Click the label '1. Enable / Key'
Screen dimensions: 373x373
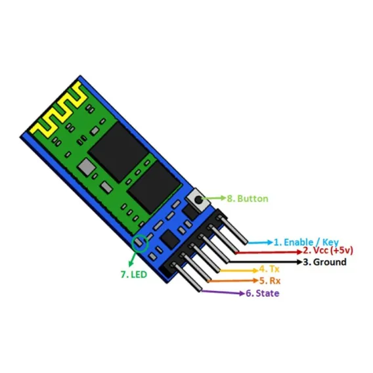(307, 242)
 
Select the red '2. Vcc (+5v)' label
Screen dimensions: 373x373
(328, 250)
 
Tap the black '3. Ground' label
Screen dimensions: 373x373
(324, 262)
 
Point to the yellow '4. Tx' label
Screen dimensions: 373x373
(269, 269)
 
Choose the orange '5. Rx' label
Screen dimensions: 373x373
(270, 280)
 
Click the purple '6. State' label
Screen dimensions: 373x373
(263, 294)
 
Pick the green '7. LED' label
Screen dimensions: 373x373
(134, 274)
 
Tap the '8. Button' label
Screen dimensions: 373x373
(248, 198)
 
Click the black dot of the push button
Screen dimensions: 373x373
(199, 200)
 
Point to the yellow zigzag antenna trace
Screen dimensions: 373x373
(58, 110)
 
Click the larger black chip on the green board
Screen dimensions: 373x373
(118, 152)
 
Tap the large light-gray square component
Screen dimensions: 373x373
(86, 167)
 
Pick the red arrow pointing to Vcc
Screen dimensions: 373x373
(269, 252)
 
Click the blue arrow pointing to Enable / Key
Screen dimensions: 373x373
(260, 242)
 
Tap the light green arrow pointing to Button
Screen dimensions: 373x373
(214, 198)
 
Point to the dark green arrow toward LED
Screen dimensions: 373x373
(133, 259)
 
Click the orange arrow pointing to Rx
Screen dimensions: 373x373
(233, 280)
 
